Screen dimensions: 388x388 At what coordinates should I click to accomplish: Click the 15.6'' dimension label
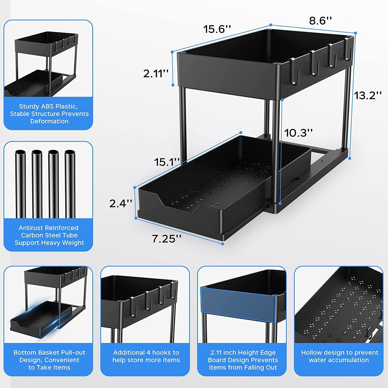pos(217,29)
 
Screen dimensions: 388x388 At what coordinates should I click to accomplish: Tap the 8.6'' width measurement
pos(320,21)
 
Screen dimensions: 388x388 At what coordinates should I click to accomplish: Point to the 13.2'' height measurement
pos(368,95)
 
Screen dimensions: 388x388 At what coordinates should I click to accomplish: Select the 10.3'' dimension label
pos(298,133)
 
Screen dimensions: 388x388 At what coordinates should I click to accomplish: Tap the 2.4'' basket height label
pos(121,204)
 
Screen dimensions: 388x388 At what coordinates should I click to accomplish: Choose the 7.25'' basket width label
pos(167,239)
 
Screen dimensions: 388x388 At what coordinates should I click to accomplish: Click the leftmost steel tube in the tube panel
pos(20,184)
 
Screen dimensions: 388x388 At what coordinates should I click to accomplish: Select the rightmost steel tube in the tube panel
pos(70,184)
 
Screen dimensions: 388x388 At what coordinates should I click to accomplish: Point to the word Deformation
pos(49,121)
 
